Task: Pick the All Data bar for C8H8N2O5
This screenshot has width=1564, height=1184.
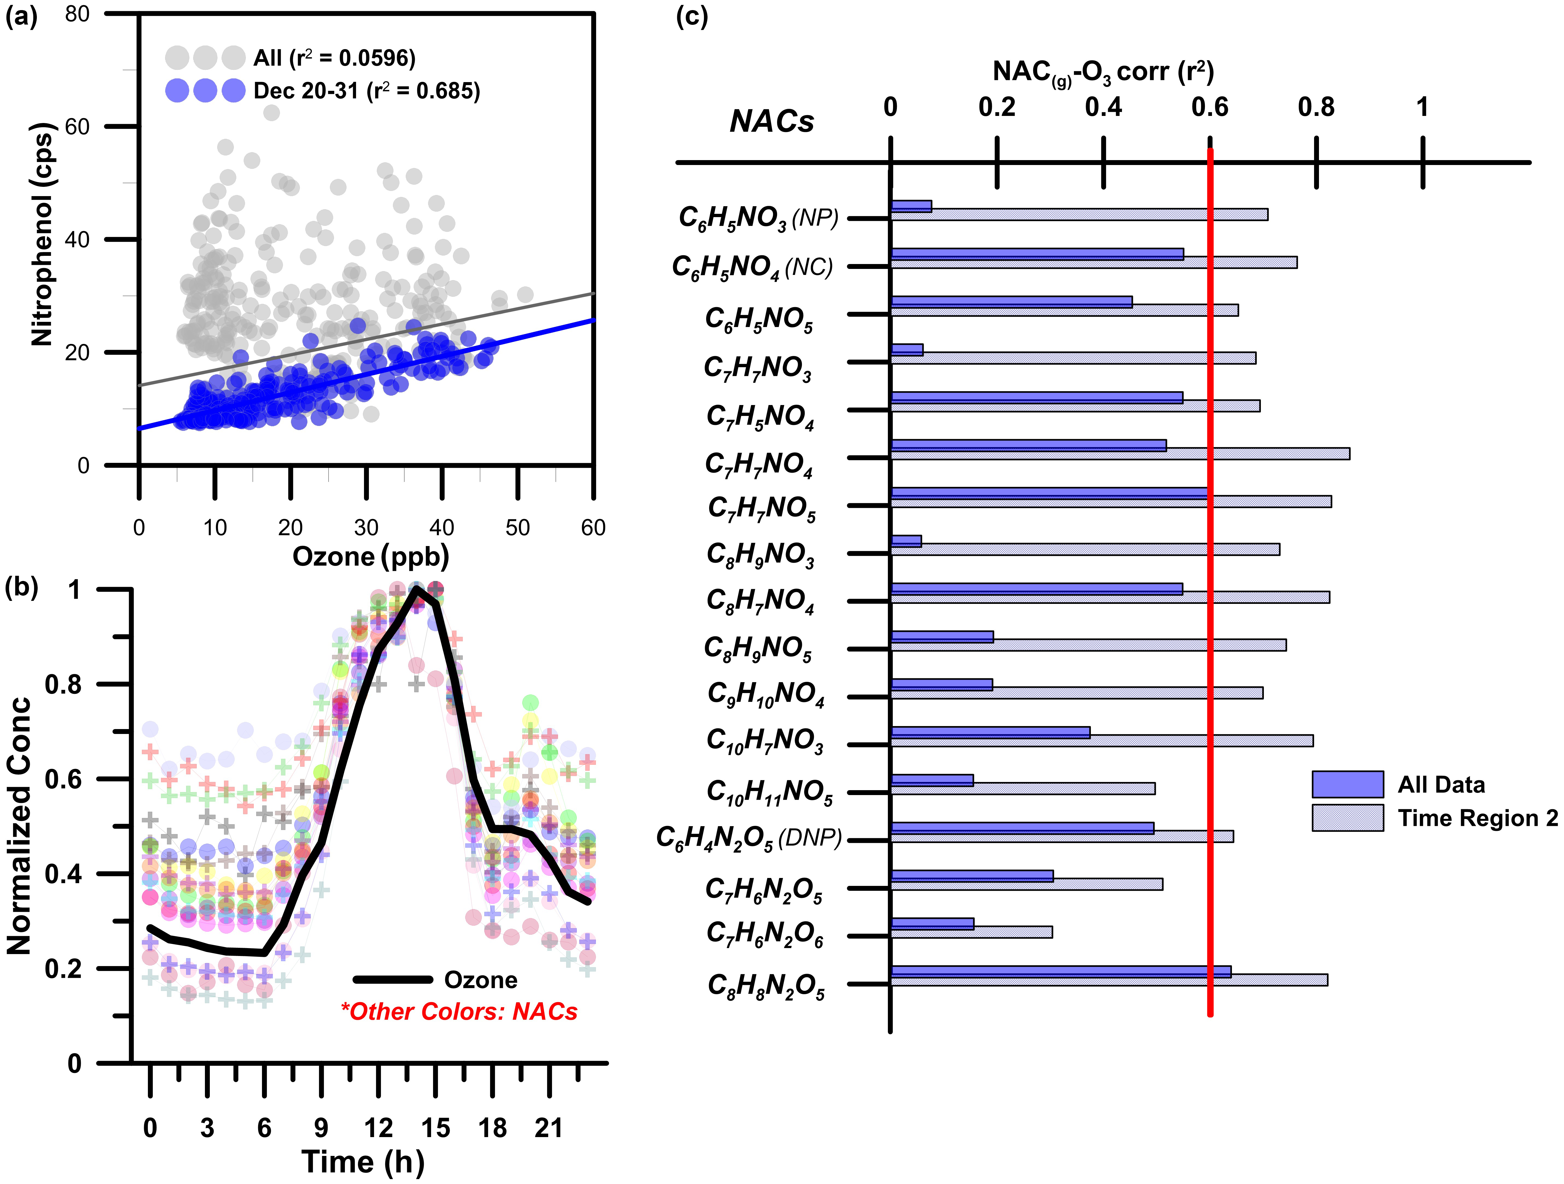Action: (1061, 971)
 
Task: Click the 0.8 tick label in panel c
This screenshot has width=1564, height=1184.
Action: (1316, 107)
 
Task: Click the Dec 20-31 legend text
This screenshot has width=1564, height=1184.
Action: (366, 91)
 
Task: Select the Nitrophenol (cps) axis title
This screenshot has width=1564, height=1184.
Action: (42, 234)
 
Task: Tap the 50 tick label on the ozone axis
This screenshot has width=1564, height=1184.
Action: (518, 527)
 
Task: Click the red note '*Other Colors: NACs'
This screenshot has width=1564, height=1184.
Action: (459, 1012)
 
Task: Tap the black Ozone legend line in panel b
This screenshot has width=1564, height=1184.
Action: (392, 980)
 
